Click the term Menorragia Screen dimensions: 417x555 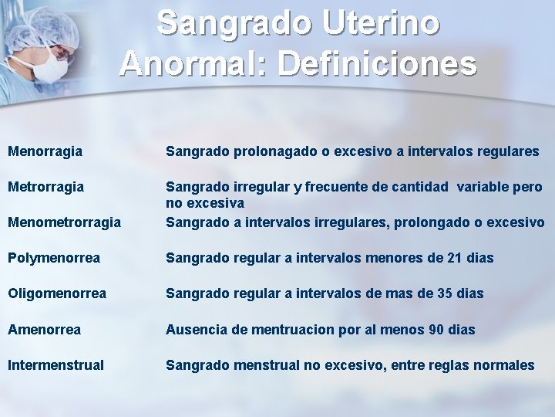click(x=45, y=152)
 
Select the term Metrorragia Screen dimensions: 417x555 click(x=45, y=188)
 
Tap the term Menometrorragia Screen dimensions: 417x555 click(x=64, y=222)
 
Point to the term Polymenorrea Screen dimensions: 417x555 click(x=53, y=258)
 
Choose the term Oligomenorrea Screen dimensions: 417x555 click(x=57, y=293)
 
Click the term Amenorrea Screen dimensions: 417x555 click(x=44, y=330)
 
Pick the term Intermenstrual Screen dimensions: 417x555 click(x=55, y=365)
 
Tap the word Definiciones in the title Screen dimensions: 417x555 click(x=377, y=63)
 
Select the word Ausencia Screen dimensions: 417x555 click(x=196, y=330)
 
